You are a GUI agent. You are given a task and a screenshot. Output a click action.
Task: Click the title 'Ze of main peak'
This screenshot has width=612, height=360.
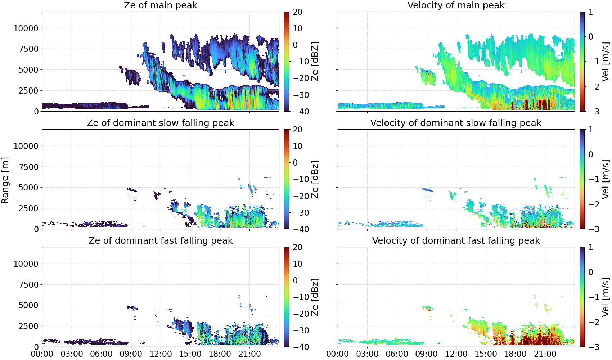(x=160, y=5)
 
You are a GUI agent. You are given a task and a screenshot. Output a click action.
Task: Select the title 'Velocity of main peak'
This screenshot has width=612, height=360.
(x=456, y=5)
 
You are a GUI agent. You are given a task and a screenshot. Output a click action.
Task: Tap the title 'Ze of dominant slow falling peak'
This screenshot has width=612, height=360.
(x=160, y=123)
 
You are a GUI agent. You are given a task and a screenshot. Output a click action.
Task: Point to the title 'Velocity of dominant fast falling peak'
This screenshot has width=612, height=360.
(x=456, y=240)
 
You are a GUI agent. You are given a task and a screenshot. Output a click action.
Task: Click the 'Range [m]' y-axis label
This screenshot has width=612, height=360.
(x=5, y=180)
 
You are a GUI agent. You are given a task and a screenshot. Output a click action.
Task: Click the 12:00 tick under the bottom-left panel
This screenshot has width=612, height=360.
(x=161, y=354)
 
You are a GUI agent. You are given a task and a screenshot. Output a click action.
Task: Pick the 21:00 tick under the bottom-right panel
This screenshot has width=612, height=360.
(x=545, y=354)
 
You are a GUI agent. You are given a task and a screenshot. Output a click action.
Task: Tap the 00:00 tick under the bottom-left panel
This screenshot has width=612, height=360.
(x=42, y=354)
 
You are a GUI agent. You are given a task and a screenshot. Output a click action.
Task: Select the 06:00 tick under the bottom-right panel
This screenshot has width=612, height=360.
(x=397, y=354)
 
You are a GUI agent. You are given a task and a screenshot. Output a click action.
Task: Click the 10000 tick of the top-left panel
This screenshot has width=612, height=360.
(x=26, y=28)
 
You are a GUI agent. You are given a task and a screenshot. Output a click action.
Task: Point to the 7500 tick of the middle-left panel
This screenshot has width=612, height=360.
(x=28, y=167)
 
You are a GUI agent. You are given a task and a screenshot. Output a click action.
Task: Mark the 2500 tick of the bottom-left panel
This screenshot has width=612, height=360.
(x=28, y=326)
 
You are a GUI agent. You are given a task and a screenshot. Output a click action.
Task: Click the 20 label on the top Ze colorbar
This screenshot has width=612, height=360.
(x=297, y=12)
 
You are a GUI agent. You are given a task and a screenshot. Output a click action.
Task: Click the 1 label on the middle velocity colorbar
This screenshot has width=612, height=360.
(x=590, y=130)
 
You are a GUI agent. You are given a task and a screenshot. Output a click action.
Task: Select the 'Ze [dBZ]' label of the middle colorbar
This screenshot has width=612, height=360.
(x=315, y=179)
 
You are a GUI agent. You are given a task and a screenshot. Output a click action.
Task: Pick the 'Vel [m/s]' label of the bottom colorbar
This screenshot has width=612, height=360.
(x=606, y=297)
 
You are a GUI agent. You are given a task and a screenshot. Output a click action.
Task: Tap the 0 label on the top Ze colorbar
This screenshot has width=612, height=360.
(x=295, y=45)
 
